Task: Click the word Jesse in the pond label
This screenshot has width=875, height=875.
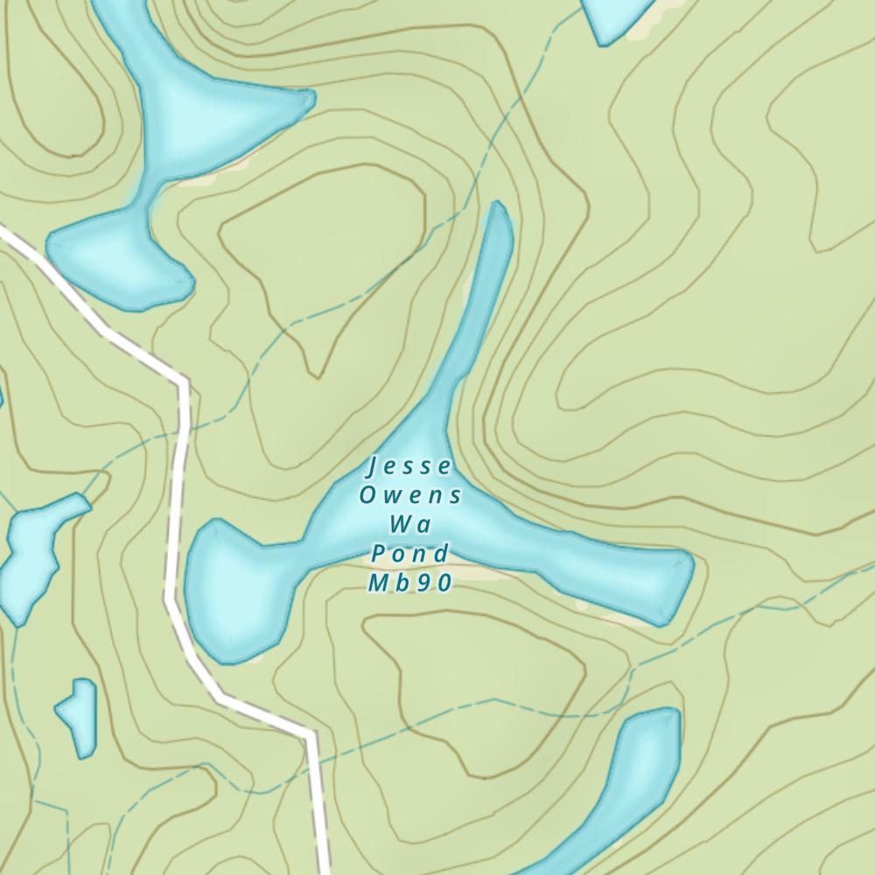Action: (x=409, y=465)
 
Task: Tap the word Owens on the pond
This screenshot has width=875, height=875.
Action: (x=410, y=495)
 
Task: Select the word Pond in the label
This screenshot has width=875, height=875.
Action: (x=410, y=554)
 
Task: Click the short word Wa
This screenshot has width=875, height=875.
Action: (x=410, y=525)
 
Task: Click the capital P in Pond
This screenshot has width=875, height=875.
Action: (x=378, y=554)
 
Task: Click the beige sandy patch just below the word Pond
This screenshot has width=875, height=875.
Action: (x=477, y=572)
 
